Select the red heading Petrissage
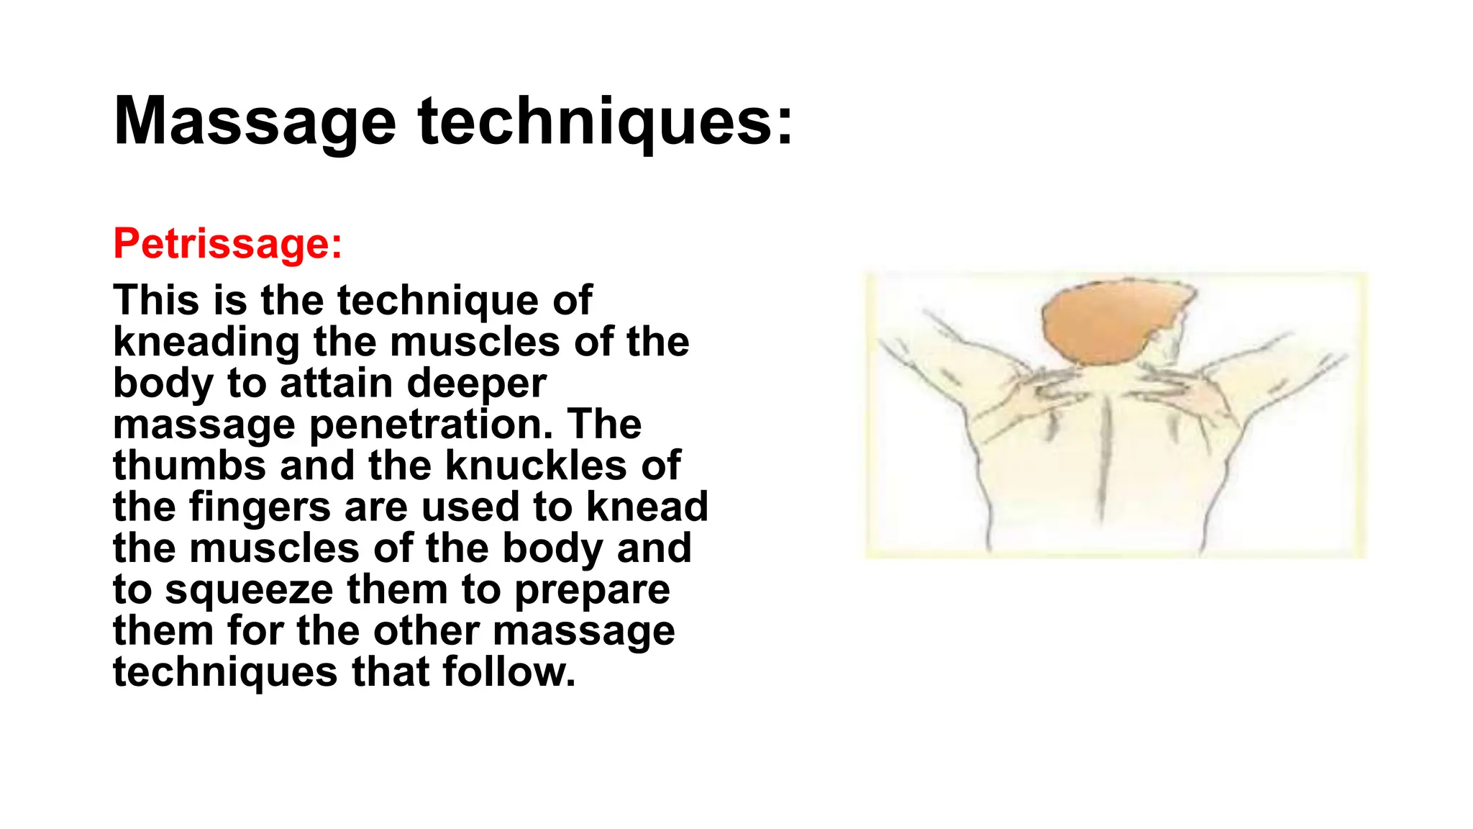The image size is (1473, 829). pyautogui.click(x=227, y=243)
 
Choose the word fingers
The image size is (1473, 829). pyautogui.click(x=259, y=507)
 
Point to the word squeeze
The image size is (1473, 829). pyautogui.click(x=249, y=589)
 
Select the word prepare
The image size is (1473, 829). pyautogui.click(x=593, y=589)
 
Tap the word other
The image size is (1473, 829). pyautogui.click(x=424, y=630)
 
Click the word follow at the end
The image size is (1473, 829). pyautogui.click(x=509, y=671)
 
